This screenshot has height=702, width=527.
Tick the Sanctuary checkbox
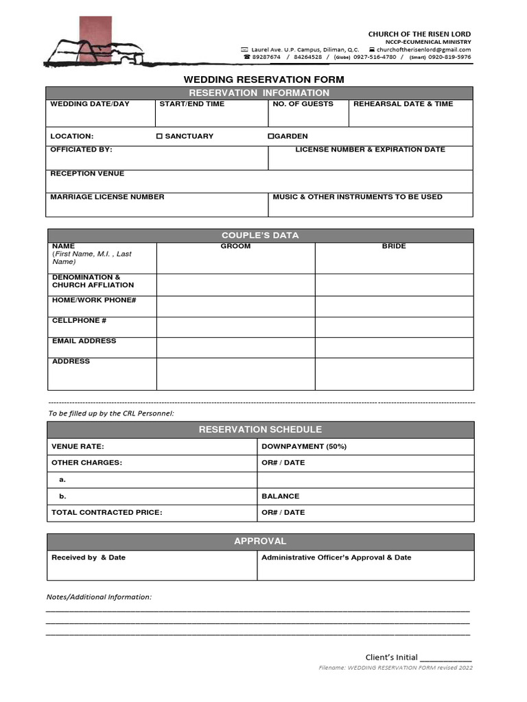click(x=159, y=136)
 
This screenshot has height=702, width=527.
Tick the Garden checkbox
click(x=270, y=136)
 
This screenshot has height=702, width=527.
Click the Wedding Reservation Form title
click(x=263, y=80)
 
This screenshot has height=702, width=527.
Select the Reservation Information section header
click(x=259, y=93)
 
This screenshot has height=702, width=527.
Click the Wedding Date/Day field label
click(x=89, y=104)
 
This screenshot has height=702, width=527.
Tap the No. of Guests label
click(x=303, y=104)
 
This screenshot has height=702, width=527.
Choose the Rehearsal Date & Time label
click(x=403, y=104)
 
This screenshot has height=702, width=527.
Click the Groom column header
click(x=235, y=246)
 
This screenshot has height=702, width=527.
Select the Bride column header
click(x=394, y=246)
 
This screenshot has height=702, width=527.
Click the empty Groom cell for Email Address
click(x=235, y=348)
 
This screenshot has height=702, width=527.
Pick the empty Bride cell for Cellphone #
click(x=394, y=327)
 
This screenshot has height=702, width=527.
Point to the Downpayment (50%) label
click(x=304, y=446)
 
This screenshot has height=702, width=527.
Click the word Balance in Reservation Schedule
click(x=280, y=496)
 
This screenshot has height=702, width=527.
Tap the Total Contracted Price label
click(x=106, y=512)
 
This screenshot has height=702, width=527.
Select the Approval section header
click(x=260, y=541)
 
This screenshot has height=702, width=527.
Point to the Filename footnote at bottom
click(x=395, y=668)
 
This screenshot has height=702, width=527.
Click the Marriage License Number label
click(x=107, y=197)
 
